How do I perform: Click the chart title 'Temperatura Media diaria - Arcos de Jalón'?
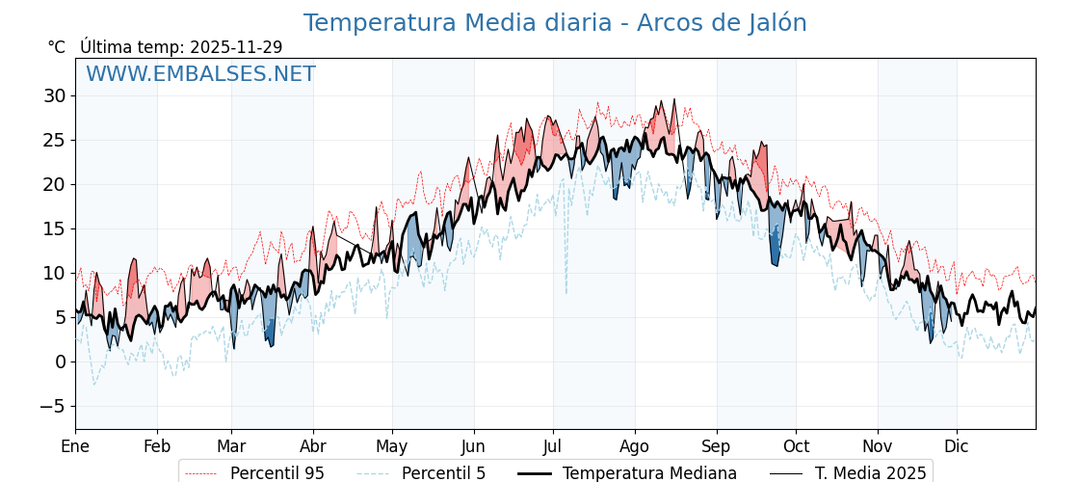click(x=555, y=23)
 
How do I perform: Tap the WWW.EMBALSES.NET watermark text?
click(x=200, y=74)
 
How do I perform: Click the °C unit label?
click(x=57, y=47)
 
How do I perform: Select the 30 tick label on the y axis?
click(x=54, y=95)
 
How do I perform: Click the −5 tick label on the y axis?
click(x=52, y=406)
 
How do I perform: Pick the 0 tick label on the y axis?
click(x=60, y=361)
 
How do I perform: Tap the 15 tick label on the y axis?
click(x=54, y=228)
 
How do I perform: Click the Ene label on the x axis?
click(x=75, y=446)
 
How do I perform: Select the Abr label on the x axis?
click(x=313, y=446)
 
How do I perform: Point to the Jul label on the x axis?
click(x=553, y=446)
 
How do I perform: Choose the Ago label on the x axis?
click(x=635, y=446)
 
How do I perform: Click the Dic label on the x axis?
click(x=957, y=446)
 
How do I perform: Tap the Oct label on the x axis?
click(x=796, y=446)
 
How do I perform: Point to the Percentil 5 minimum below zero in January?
click(x=94, y=384)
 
